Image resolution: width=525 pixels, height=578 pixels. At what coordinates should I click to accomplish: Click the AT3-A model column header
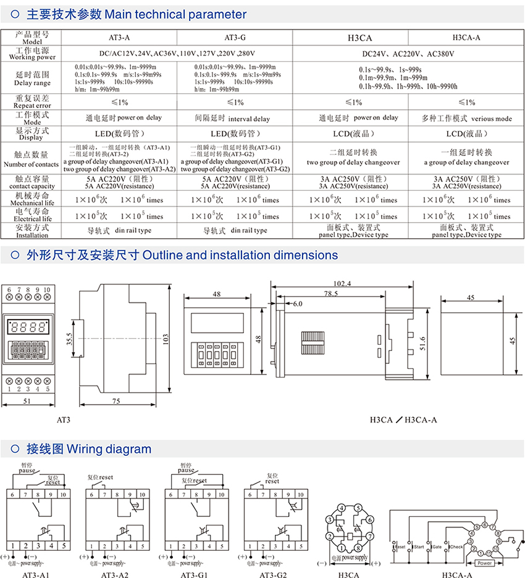pyautogui.click(x=119, y=37)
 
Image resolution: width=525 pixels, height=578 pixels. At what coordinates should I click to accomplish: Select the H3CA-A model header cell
pyautogui.click(x=466, y=37)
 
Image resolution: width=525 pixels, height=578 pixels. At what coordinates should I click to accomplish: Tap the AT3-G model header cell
pyautogui.click(x=235, y=37)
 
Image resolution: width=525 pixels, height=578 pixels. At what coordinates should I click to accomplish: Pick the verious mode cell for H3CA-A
pyautogui.click(x=467, y=118)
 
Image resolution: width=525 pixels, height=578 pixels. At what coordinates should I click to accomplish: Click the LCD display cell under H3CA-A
pyautogui.click(x=466, y=134)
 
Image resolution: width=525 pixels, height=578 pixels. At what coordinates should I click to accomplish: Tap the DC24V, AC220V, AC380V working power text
pyautogui.click(x=408, y=54)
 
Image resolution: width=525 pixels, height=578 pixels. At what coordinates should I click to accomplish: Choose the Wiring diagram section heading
pyautogui.click(x=86, y=449)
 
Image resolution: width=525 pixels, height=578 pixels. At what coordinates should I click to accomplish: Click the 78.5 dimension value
pyautogui.click(x=331, y=294)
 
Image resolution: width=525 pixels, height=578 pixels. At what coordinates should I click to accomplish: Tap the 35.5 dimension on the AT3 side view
pyautogui.click(x=70, y=340)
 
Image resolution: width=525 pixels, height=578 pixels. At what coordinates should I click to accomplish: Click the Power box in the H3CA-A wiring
pyautogui.click(x=485, y=563)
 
